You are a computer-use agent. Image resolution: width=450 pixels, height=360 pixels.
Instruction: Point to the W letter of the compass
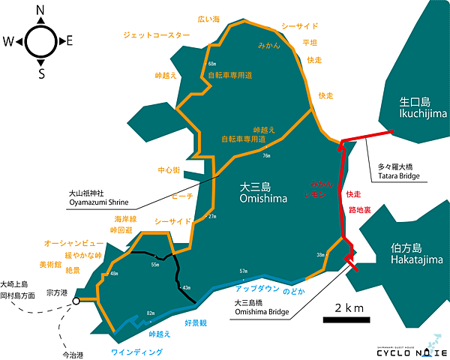pyautogui.click(x=10, y=41)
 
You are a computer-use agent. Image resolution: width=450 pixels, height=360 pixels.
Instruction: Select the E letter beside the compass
pyautogui.click(x=69, y=41)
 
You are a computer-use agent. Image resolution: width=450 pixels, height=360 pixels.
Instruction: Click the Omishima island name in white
pyautogui.click(x=259, y=193)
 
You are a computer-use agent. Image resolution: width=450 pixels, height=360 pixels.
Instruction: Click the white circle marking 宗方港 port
pyautogui.click(x=76, y=301)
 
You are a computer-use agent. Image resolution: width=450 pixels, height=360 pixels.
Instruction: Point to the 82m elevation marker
pyautogui.click(x=150, y=313)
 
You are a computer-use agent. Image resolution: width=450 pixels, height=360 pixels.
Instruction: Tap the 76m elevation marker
pyautogui.click(x=266, y=156)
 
